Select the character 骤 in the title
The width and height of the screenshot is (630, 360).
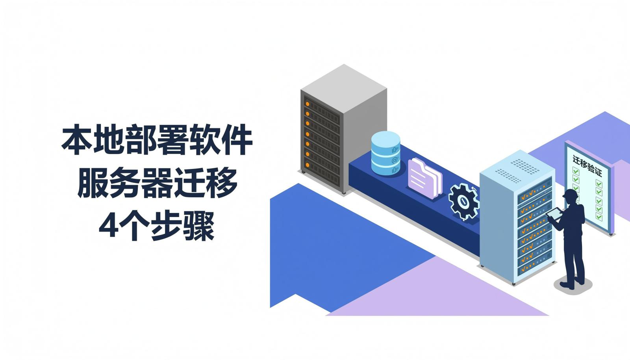coord(199,226)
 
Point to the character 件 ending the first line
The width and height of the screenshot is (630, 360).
coord(237,140)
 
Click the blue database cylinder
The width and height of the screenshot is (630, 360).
coord(385,153)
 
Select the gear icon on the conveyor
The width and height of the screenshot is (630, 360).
coord(463,201)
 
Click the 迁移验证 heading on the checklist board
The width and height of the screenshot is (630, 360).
coord(587,166)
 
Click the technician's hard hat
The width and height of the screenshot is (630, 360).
coord(570,194)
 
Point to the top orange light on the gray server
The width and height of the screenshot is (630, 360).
coord(308,104)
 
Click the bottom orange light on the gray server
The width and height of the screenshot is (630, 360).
coord(308,165)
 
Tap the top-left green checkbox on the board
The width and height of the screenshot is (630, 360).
coord(576,171)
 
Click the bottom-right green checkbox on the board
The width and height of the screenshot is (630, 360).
coord(599,217)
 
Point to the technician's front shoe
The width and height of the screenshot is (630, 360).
coord(567,285)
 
